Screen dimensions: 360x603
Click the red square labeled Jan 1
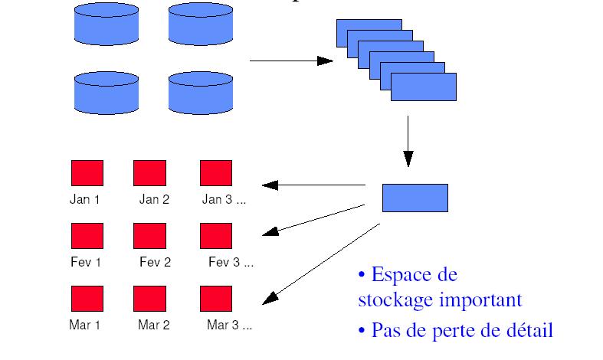(x=87, y=173)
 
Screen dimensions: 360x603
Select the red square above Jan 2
(x=149, y=173)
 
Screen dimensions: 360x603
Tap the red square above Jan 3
(x=216, y=173)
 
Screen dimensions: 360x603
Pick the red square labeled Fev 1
(x=87, y=236)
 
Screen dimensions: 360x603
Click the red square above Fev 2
(x=149, y=236)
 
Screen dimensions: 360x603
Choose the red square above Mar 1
(x=87, y=298)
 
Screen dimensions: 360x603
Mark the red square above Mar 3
(x=216, y=298)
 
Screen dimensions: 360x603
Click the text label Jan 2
(x=154, y=200)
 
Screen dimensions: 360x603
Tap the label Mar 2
(x=154, y=325)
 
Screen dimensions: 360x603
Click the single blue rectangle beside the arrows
(x=415, y=197)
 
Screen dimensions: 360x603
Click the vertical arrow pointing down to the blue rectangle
(x=408, y=142)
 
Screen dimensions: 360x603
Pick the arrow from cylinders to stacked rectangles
(x=291, y=60)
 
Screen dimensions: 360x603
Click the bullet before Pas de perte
(x=362, y=332)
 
